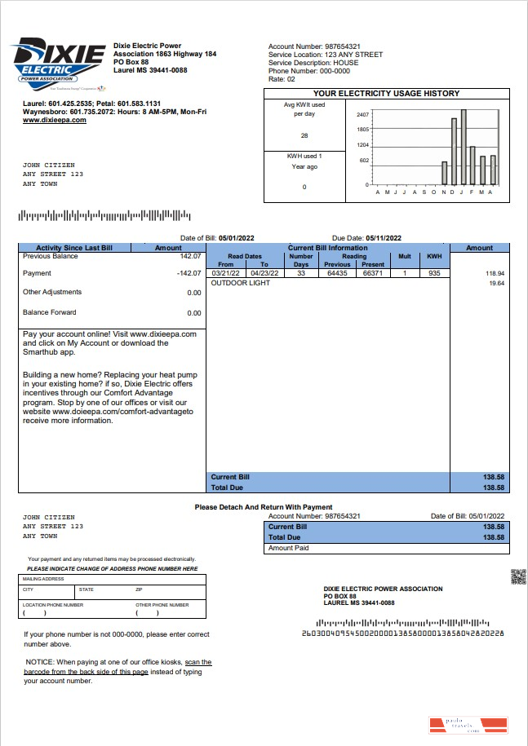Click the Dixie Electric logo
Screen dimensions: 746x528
[x=58, y=60]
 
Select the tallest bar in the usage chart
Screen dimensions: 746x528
[x=463, y=147]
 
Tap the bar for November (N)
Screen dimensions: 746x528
[x=445, y=173]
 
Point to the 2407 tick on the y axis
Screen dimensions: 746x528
[x=364, y=114]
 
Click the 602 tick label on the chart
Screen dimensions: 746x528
[x=365, y=161]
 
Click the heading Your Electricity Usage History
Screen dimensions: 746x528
[x=386, y=94]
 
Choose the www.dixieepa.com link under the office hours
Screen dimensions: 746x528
[x=54, y=120]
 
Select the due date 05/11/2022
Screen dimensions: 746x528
[x=384, y=237]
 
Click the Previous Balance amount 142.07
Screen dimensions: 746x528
[x=190, y=256]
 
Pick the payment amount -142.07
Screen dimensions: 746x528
[x=189, y=273]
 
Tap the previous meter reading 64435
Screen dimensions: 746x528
[x=337, y=273]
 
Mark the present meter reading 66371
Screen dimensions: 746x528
[x=373, y=273]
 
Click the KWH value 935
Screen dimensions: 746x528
[x=433, y=273]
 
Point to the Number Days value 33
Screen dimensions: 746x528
[x=300, y=273]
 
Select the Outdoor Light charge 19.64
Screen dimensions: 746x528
[x=496, y=283]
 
